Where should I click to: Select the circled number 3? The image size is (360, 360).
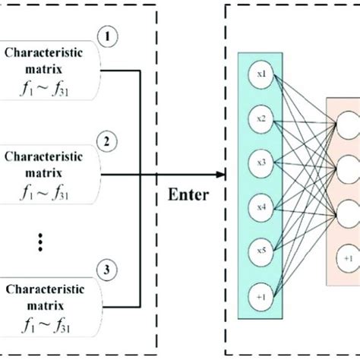[x=108, y=268]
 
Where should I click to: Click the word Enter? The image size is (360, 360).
[x=188, y=196]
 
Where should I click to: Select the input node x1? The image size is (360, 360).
[x=261, y=74]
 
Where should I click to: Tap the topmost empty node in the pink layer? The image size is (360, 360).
[x=347, y=121]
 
